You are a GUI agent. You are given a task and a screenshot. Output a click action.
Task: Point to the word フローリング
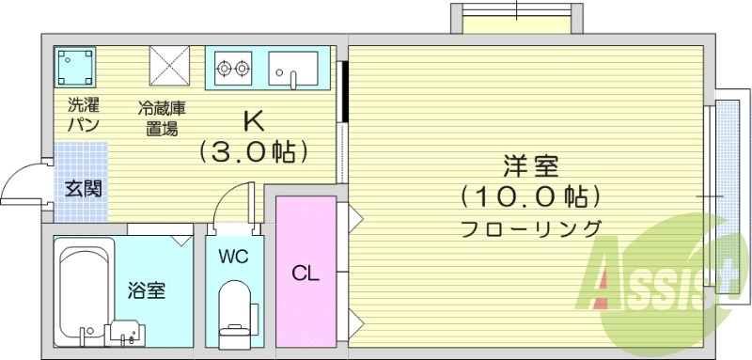pyautogui.click(x=530, y=227)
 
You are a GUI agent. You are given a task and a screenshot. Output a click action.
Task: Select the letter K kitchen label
pyautogui.click(x=253, y=123)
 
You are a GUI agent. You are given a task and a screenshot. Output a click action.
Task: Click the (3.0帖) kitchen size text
pyautogui.click(x=254, y=151)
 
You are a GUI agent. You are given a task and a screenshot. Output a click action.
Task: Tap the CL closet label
pyautogui.click(x=305, y=274)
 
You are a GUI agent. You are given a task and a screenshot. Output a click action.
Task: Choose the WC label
pyautogui.click(x=232, y=256)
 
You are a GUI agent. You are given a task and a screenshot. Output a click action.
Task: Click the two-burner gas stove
pyautogui.click(x=233, y=68)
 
